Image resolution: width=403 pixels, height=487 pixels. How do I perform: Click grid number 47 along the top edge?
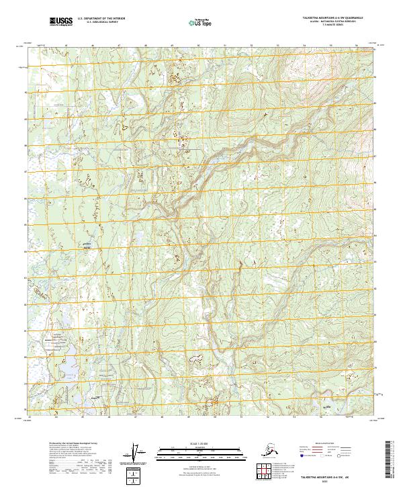(x=118, y=46)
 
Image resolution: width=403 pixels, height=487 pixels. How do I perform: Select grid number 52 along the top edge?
(x=250, y=46)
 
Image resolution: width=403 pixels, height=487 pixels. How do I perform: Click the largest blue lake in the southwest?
(x=68, y=367)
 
